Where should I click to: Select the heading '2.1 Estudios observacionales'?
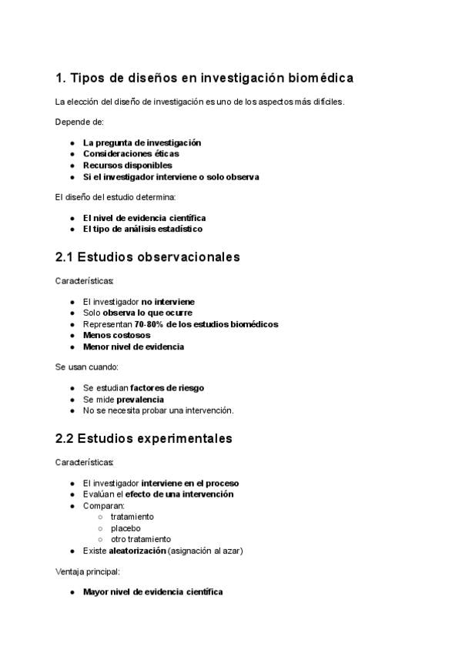click(x=148, y=257)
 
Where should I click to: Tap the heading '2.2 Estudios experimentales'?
click(x=144, y=439)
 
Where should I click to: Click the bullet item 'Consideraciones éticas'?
click(x=131, y=154)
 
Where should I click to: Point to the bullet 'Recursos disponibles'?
click(x=127, y=165)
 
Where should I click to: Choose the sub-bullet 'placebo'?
click(x=126, y=528)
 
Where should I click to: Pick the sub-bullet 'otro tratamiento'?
click(x=141, y=539)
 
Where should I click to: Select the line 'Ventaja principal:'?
click(x=88, y=572)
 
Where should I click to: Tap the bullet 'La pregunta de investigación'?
click(x=142, y=142)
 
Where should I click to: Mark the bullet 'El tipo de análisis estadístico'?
click(x=142, y=229)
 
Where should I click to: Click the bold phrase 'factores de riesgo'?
click(x=167, y=388)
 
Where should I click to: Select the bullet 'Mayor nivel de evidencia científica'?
click(x=152, y=592)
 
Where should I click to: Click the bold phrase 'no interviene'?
click(x=168, y=302)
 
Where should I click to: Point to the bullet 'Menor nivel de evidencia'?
click(x=133, y=347)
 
